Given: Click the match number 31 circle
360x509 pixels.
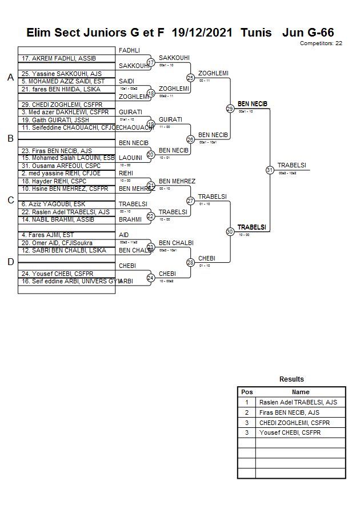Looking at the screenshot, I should tap(270, 170).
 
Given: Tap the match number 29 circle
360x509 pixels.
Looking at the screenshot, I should tap(230, 109).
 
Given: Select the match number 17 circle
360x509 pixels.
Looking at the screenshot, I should tap(151, 62).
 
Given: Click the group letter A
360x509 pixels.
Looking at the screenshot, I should tap(10, 78).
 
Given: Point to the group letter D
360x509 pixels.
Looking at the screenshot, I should tap(10, 262).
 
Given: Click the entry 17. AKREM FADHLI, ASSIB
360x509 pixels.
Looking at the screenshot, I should tap(59, 59).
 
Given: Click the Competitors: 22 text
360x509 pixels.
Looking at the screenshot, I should tap(321, 43).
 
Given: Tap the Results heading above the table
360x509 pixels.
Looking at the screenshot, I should tap(291, 379).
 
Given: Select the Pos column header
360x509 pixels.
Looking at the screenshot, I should tap(246, 392).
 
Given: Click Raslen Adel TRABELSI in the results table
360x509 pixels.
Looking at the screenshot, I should tap(298, 402).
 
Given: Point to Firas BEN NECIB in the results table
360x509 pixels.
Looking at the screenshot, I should tap(289, 412).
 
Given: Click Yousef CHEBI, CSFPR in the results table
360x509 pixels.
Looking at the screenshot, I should tap(290, 433).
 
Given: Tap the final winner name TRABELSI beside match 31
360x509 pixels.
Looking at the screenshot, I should tap(292, 166).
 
